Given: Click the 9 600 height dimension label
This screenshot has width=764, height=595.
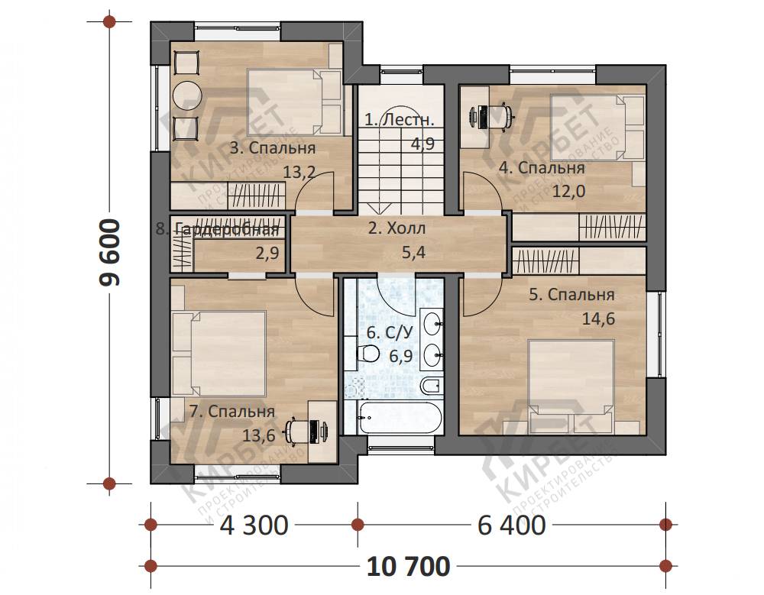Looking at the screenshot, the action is [109, 252].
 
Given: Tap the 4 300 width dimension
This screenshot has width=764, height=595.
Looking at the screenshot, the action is [254, 525].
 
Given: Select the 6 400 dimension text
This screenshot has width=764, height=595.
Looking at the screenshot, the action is [512, 525].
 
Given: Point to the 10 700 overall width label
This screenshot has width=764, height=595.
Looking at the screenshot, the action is [408, 567].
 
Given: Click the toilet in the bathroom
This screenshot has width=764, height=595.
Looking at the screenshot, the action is [368, 354].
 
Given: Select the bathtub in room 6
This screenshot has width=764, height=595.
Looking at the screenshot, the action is [400, 418].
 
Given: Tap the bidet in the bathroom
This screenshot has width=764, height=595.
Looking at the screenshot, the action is [430, 386].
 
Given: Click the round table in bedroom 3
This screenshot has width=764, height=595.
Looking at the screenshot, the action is [186, 95].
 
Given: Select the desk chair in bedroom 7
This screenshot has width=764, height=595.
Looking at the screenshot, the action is [296, 431].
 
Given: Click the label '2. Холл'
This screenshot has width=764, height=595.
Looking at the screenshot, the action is [397, 228].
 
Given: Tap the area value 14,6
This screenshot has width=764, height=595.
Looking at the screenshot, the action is [598, 319].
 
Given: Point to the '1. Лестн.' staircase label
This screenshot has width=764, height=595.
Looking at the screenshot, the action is [399, 119].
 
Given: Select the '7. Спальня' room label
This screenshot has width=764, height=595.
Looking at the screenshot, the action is [232, 411].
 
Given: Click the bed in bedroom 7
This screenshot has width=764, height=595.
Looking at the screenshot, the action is [219, 354].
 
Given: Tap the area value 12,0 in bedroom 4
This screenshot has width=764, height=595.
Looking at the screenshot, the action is [568, 191].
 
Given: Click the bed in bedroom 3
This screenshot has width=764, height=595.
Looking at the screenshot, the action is [294, 102].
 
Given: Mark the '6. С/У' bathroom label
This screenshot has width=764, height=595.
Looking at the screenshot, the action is [390, 333].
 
